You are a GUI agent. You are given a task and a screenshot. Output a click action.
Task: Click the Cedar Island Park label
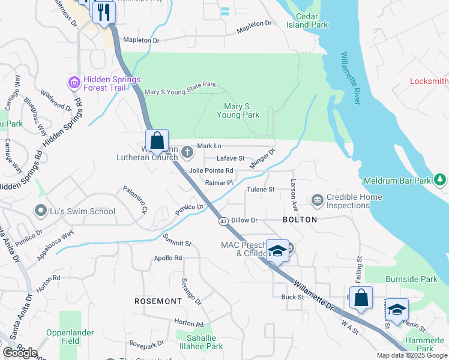[307, 20]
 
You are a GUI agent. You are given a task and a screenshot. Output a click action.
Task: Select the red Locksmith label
[429, 81]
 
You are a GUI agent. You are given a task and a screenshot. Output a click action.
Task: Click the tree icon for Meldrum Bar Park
[440, 179]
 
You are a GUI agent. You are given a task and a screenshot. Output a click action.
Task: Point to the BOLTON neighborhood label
[300, 220]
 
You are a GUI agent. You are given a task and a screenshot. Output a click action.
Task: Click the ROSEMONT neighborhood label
[158, 301]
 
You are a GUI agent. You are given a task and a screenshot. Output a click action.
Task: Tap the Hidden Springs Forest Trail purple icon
[74, 82]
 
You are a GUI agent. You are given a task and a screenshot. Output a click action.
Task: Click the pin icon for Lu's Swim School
[41, 211]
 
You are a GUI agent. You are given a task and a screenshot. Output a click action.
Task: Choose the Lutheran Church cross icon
[187, 151]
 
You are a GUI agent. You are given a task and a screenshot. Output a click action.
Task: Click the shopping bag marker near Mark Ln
[157, 141]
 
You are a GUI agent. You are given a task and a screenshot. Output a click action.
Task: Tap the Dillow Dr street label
[244, 220]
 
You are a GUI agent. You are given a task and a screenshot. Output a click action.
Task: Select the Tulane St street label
[261, 190]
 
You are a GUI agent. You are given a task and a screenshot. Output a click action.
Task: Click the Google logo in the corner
[20, 353]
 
